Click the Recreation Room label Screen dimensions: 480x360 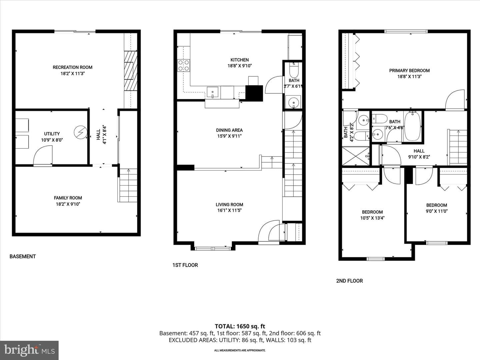point(72,67)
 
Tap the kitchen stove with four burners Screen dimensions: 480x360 point(183,66)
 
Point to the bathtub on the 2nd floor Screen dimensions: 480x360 point(412,126)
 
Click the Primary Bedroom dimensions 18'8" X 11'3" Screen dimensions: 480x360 point(409,77)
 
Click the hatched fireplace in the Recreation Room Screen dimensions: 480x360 point(131,71)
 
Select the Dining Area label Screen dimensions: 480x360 point(229,130)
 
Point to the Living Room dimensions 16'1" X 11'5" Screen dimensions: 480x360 point(229,210)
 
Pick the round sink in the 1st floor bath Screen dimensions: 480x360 point(293,102)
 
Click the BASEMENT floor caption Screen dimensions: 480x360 point(23,257)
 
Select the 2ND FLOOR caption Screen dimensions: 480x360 point(349,281)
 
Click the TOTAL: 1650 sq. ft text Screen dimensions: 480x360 point(240,326)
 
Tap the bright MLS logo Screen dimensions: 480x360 point(29,350)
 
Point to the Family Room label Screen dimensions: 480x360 point(68,198)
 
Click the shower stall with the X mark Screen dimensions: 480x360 point(356,156)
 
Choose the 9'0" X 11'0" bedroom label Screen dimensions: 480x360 point(437,211)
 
